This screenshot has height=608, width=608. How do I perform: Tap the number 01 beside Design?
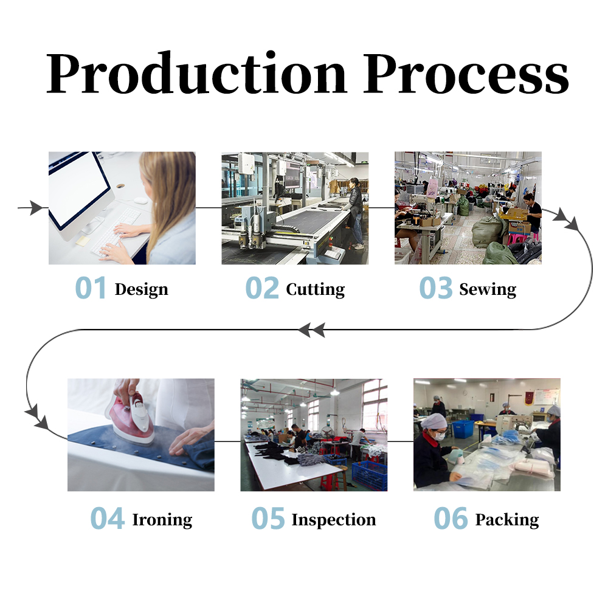click(91, 288)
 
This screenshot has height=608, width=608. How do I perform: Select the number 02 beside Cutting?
click(262, 288)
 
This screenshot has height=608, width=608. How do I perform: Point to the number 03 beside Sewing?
click(436, 288)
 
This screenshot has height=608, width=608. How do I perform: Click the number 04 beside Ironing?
click(108, 519)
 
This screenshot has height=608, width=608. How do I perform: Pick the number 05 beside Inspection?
click(268, 519)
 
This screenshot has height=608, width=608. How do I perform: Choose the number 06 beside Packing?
click(451, 519)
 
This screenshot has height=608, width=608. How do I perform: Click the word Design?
click(141, 289)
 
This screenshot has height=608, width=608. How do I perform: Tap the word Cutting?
click(315, 289)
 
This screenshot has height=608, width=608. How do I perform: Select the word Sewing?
click(488, 289)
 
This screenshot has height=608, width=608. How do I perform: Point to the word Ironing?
click(162, 520)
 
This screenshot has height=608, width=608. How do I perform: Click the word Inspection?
click(333, 520)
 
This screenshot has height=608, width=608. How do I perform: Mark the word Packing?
click(507, 520)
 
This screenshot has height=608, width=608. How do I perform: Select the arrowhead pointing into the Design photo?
click(38, 208)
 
